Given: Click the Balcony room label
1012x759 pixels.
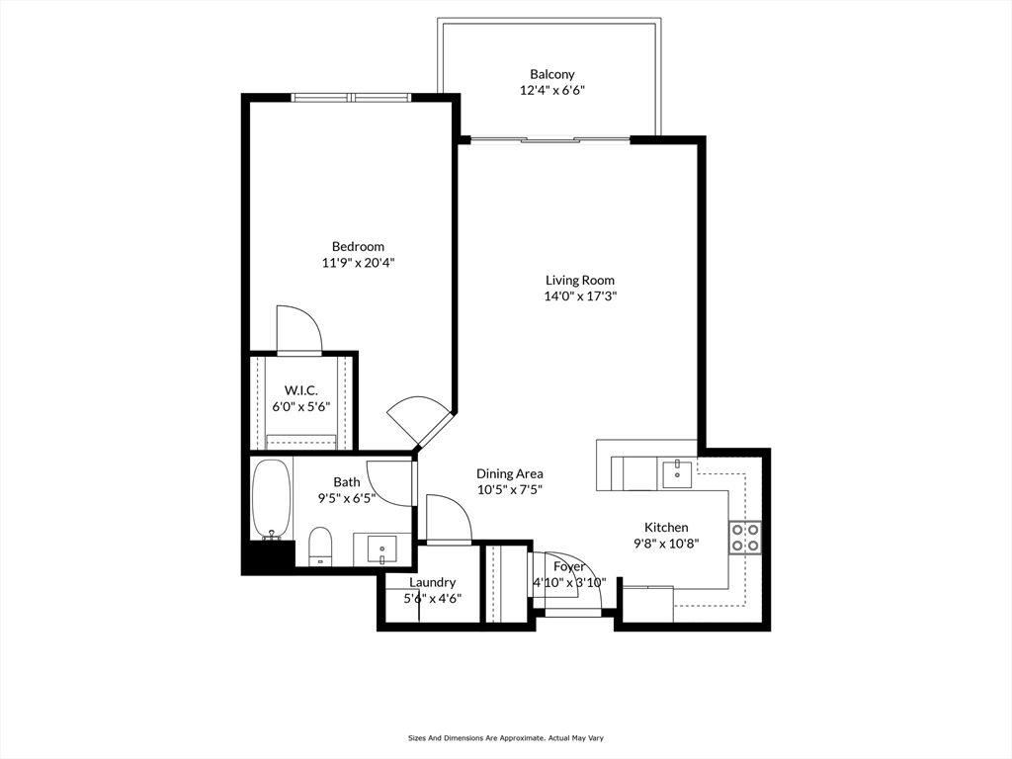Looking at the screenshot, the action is tap(551, 74).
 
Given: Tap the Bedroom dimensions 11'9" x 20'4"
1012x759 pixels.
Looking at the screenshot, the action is tap(358, 263).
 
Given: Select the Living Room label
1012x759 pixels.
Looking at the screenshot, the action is tap(579, 280).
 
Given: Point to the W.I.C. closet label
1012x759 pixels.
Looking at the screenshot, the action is tap(300, 390).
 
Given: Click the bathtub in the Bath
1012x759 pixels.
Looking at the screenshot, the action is tap(272, 499).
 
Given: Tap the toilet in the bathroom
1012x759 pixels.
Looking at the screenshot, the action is tap(319, 546).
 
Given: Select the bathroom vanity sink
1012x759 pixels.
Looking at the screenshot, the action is tap(383, 549).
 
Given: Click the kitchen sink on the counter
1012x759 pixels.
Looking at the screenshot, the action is tap(676, 474).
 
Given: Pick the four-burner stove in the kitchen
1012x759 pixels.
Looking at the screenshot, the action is tap(745, 538).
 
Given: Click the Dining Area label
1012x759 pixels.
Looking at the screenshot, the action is tap(509, 473).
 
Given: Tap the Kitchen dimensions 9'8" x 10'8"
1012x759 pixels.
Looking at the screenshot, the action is tap(666, 544).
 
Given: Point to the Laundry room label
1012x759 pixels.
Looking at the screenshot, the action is tap(433, 582).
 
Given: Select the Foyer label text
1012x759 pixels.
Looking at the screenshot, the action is tap(569, 566).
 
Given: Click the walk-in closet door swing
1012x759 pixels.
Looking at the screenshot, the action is tap(298, 330).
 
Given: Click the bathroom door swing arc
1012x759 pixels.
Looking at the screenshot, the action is tap(389, 483).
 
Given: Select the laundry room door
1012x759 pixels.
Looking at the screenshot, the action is tap(450, 520).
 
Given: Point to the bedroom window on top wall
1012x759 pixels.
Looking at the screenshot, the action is tap(351, 98).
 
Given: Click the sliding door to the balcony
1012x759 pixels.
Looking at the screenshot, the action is tap(549, 138).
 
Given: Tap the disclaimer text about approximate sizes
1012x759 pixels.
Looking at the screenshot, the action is tap(505, 737).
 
